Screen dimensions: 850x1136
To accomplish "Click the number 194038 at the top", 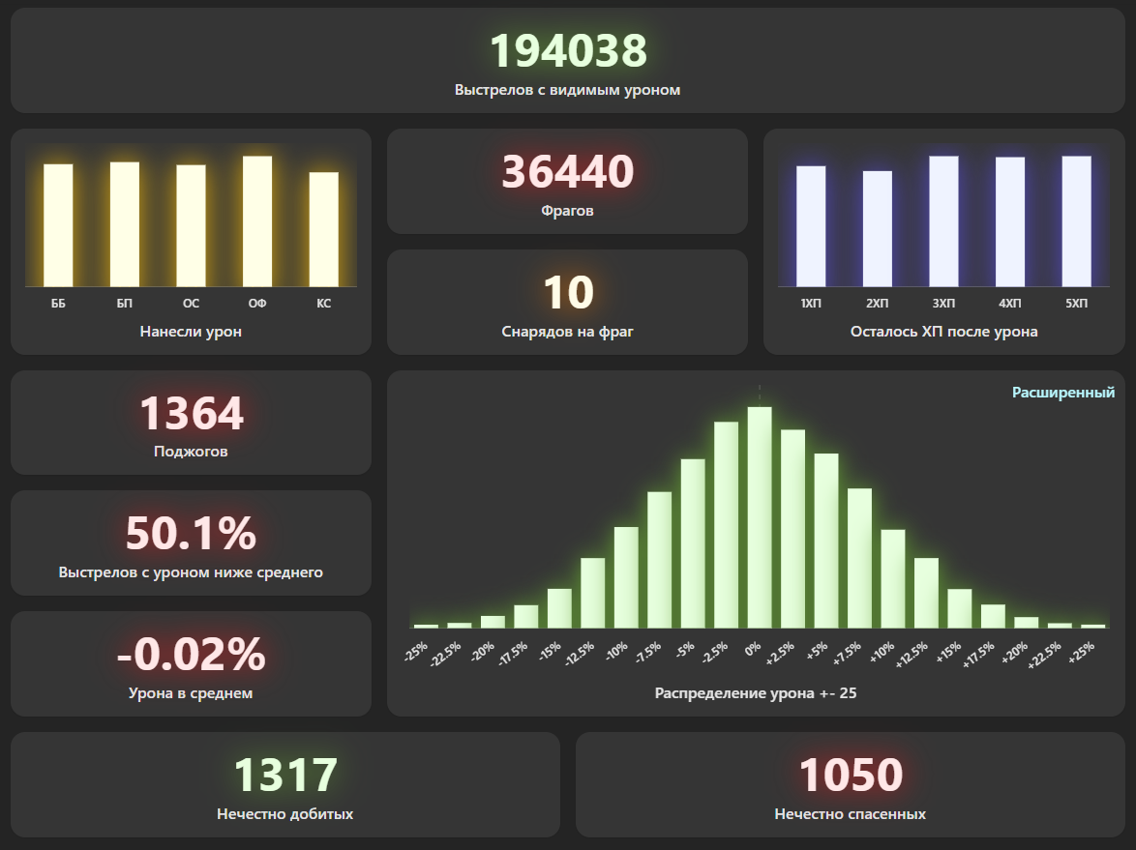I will click(567, 51).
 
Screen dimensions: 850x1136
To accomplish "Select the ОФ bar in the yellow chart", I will click(257, 221).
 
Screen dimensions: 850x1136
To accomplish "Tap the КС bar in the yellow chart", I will click(323, 229).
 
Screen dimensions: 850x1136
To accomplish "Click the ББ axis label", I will click(58, 303).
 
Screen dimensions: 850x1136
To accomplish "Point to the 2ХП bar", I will click(878, 228).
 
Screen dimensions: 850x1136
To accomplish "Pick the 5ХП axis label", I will click(1076, 303).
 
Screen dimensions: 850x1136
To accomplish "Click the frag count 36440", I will click(567, 172).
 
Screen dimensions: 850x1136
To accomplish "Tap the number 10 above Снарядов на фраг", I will click(567, 293).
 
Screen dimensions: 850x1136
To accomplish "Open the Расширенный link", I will click(1062, 393).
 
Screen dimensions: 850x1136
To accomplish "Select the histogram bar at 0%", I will click(760, 517).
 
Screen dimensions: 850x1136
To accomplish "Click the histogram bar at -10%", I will click(626, 577).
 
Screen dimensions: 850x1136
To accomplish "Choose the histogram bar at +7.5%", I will click(859, 558).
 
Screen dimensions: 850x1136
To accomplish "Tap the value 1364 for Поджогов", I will click(192, 414).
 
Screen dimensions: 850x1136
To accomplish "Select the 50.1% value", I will click(192, 534).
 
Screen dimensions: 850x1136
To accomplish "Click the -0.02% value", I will click(192, 655).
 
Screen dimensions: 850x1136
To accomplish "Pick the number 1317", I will click(285, 776).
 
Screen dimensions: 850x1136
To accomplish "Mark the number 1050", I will click(851, 776).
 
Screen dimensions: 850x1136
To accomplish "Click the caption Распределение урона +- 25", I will click(756, 692).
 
